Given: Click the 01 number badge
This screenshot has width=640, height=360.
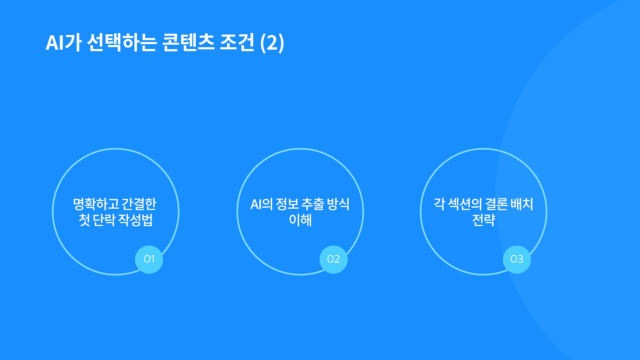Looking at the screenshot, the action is [x=149, y=259].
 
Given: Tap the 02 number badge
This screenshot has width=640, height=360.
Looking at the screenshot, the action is [x=333, y=259].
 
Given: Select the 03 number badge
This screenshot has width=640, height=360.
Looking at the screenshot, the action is [x=517, y=259].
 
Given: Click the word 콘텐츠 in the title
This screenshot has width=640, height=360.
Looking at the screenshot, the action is [x=188, y=43].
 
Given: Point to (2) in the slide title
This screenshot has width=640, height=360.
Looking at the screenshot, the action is [x=272, y=43].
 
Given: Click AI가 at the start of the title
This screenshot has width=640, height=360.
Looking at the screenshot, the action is [x=63, y=43].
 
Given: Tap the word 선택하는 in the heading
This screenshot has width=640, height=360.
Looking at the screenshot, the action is [x=122, y=43].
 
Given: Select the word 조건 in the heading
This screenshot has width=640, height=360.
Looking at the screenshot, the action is [x=237, y=43].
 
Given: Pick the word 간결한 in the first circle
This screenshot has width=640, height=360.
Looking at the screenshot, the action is [x=139, y=204].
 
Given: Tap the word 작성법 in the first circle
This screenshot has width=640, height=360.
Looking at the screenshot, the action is [x=136, y=220].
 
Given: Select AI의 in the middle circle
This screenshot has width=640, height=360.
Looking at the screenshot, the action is [x=262, y=204].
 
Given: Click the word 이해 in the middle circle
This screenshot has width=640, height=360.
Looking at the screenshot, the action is [x=300, y=220].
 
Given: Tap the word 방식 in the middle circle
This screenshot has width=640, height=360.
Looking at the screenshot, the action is [x=338, y=204].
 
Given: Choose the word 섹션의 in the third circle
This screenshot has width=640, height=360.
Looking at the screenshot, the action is [x=465, y=204].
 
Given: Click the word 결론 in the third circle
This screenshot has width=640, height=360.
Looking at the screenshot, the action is [x=496, y=204].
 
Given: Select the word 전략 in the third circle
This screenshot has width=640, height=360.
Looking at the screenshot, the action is [x=484, y=220].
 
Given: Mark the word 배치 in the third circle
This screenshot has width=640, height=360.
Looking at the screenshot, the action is [x=522, y=204].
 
